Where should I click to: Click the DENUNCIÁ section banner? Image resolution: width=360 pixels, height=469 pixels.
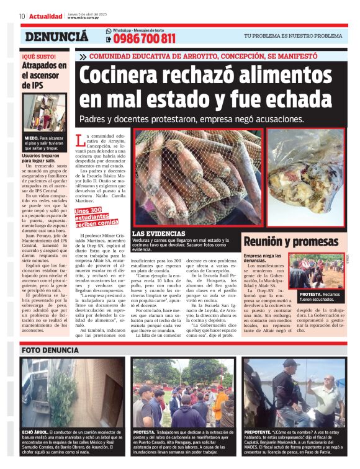(x=56, y=37)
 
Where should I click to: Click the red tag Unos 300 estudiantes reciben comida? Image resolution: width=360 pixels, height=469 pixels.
(x=96, y=217)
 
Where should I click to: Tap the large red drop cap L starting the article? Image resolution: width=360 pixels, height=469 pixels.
(x=79, y=140)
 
